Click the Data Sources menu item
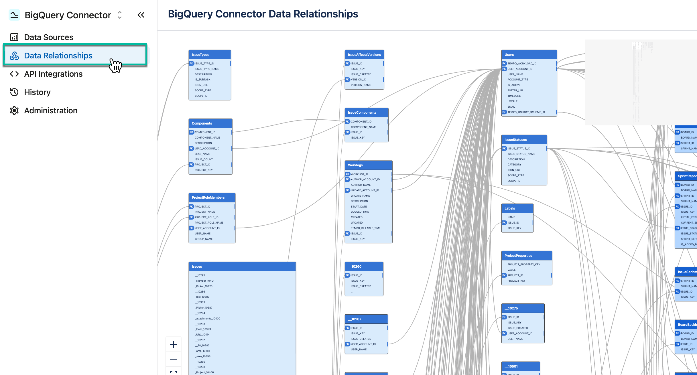(48, 37)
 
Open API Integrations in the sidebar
(53, 74)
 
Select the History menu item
(37, 92)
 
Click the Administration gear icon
(14, 110)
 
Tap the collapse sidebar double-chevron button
(141, 15)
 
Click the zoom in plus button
(174, 344)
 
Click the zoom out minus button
(174, 359)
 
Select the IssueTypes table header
(210, 54)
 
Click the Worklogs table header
(368, 165)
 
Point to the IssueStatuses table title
(516, 140)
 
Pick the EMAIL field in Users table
(511, 107)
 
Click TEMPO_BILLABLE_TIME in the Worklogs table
(366, 228)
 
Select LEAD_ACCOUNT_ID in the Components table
(207, 149)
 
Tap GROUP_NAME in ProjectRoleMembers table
(204, 239)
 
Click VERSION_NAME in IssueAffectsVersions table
(361, 85)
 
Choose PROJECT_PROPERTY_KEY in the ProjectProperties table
(524, 265)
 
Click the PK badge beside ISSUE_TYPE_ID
(192, 64)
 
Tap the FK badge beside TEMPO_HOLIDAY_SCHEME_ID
(504, 112)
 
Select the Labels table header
(517, 208)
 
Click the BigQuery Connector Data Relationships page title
(263, 14)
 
